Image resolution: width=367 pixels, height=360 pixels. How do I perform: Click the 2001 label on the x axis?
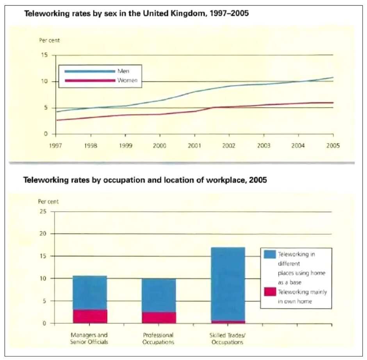pos(194,146)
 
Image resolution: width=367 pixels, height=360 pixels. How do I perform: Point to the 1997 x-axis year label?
pos(55,146)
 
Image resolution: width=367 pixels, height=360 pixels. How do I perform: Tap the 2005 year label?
pos(333,146)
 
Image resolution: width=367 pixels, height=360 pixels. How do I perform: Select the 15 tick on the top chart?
pos(45,55)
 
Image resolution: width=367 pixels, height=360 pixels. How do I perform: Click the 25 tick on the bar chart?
pos(43,211)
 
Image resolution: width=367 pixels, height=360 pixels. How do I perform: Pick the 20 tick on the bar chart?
pos(43,233)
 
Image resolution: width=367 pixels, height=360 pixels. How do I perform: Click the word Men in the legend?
pos(123,71)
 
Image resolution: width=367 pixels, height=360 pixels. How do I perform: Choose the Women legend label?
pos(127,80)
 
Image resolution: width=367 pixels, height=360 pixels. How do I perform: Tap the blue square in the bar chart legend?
pos(270,254)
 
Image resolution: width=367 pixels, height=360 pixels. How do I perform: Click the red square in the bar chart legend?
pos(270,292)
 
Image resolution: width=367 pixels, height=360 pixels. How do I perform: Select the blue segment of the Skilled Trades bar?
pos(228,284)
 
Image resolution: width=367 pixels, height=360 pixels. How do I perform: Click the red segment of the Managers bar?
pos(90,316)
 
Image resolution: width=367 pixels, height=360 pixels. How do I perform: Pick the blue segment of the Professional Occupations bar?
pos(159,295)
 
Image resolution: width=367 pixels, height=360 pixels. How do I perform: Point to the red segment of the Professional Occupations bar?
pos(159,317)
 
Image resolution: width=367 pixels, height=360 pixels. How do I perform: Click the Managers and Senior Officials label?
pos(89,339)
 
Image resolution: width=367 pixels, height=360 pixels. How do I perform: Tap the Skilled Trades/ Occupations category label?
pos(227,339)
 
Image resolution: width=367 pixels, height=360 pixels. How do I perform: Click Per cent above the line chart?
pos(49,40)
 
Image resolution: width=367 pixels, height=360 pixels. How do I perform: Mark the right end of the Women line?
pos(333,103)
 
